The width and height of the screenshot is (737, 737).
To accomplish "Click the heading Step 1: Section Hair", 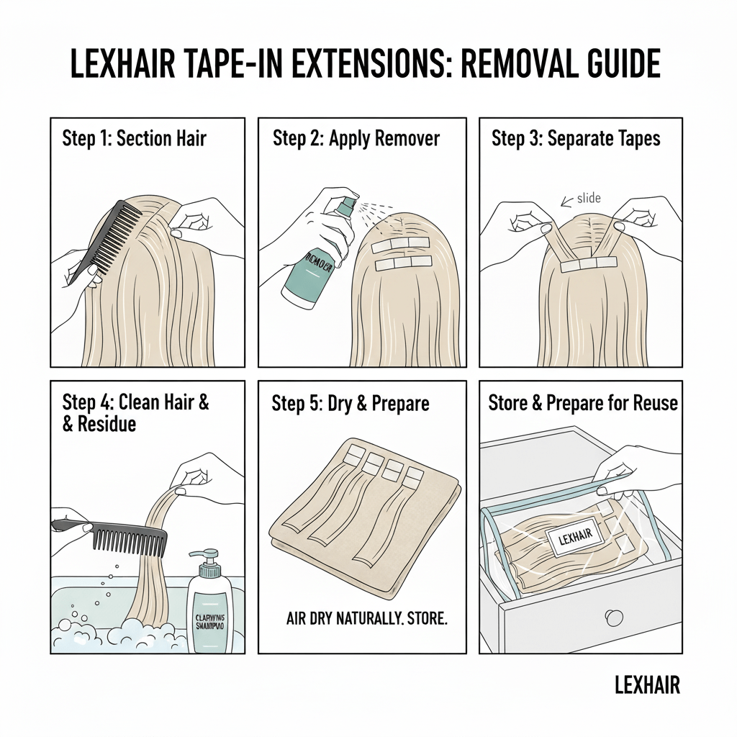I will [134, 137].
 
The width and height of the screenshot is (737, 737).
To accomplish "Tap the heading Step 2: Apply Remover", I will [356, 138].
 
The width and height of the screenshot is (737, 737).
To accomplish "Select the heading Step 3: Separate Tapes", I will [576, 138].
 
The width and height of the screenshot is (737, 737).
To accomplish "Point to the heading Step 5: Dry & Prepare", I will [350, 403].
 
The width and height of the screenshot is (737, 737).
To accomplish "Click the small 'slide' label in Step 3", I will [588, 198].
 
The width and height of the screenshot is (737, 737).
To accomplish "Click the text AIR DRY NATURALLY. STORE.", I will [366, 618].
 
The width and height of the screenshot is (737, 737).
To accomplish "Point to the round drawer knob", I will [613, 617].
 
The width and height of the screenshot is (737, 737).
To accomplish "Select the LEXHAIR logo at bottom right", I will [647, 685].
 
